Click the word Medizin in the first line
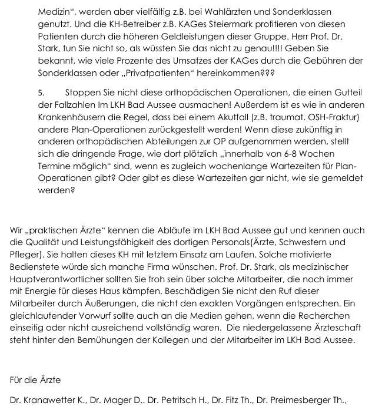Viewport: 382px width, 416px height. click(55, 12)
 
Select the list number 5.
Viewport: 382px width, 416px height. click(41, 94)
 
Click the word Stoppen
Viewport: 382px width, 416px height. click(84, 94)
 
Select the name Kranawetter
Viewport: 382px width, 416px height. click(55, 401)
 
